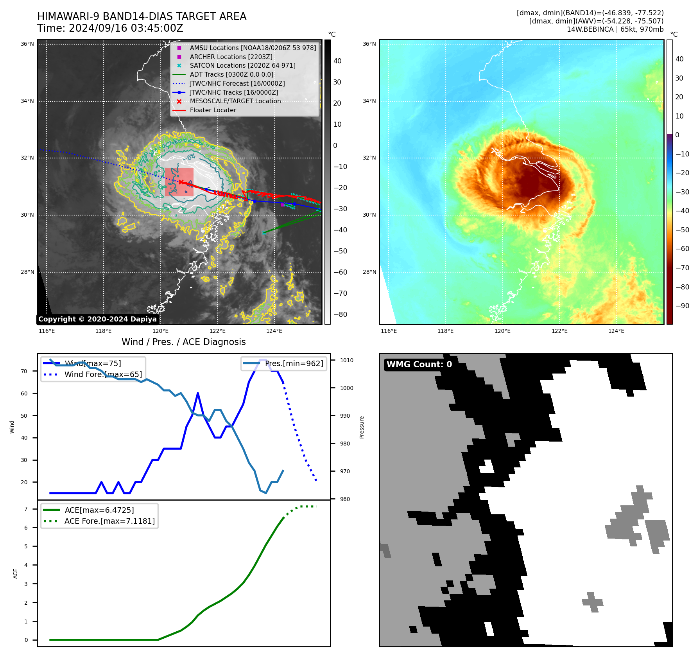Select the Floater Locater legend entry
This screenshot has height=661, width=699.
pyautogui.click(x=213, y=110)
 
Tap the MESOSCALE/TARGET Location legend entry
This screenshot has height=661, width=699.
pyautogui.click(x=235, y=101)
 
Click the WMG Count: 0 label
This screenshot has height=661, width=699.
pyautogui.click(x=419, y=365)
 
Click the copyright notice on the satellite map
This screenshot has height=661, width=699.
pyautogui.click(x=97, y=319)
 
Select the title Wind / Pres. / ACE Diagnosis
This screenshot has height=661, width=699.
pyautogui.click(x=183, y=342)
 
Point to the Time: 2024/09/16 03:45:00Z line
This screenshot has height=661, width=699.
pyautogui.click(x=110, y=28)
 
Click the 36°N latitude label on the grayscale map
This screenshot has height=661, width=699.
pyautogui.click(x=27, y=44)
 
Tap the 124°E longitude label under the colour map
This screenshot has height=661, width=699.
pyautogui.click(x=616, y=331)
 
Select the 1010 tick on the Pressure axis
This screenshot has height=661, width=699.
pyautogui.click(x=346, y=360)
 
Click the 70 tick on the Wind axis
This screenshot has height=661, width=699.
pyautogui.click(x=24, y=371)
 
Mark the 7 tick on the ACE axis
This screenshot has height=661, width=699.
pyautogui.click(x=26, y=509)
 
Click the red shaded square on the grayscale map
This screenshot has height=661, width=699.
pyautogui.click(x=179, y=182)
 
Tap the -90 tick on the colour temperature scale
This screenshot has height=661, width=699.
pyautogui.click(x=683, y=306)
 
